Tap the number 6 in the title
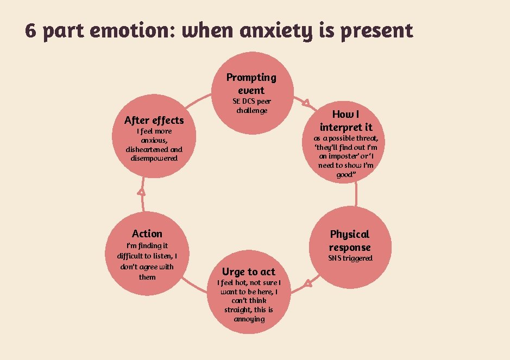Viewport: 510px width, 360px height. coord(31,31)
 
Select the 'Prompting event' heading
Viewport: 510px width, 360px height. coord(251,84)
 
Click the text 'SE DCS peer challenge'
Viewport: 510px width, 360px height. coord(251,106)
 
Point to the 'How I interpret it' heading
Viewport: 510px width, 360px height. coord(346,121)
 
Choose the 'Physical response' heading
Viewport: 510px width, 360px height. coord(349,241)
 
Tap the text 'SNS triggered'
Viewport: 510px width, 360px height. coord(350,258)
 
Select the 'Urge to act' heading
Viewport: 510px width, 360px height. coord(249,271)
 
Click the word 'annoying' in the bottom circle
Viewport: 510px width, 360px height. coord(249,319)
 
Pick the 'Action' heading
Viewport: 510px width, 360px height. coord(147,233)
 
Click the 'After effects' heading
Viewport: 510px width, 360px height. coord(154,120)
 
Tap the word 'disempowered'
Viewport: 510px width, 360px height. coord(154,158)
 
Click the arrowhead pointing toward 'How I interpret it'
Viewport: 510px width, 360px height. coord(306,102)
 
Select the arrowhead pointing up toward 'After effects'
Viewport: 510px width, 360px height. coord(142,191)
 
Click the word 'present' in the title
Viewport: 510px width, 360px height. coord(377,31)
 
